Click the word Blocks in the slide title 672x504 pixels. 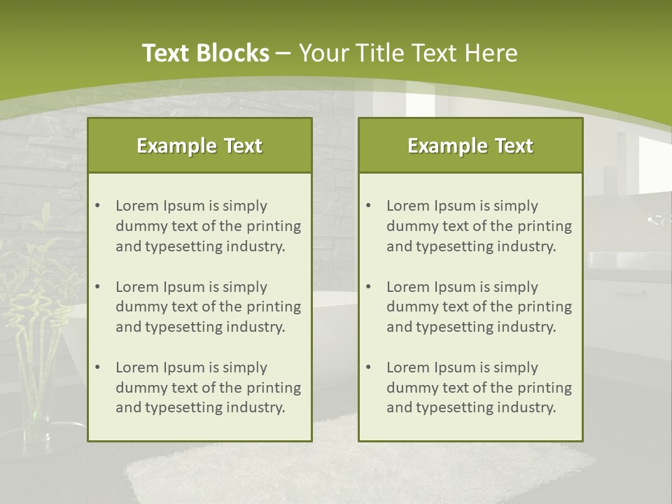(x=234, y=53)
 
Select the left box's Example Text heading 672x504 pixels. (x=199, y=146)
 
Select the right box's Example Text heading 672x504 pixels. (x=470, y=146)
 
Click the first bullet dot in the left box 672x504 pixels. (x=98, y=206)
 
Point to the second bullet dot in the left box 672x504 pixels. (x=98, y=287)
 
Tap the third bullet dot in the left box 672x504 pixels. (x=98, y=367)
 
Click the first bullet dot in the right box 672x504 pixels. (x=369, y=206)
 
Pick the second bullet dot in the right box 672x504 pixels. (x=369, y=287)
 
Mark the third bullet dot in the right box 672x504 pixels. (x=369, y=367)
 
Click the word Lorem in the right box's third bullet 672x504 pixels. (x=408, y=367)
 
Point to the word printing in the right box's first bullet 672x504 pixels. (x=546, y=226)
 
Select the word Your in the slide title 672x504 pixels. (x=323, y=53)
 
